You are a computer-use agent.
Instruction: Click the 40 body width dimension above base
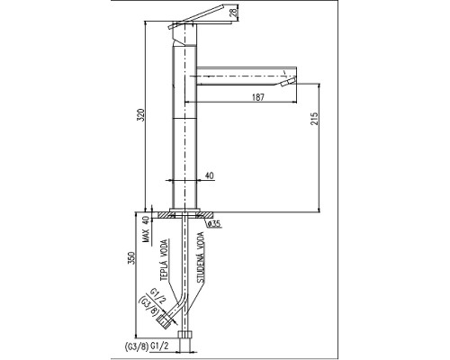point(209,176)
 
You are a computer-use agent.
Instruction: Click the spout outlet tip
point(288,82)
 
